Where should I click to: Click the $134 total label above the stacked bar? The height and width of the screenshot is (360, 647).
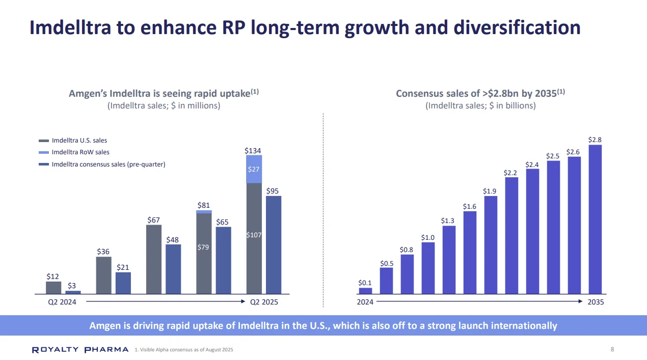point(253,151)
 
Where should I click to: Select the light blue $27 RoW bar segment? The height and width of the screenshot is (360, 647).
point(254,169)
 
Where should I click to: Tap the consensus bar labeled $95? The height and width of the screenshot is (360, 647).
point(274,245)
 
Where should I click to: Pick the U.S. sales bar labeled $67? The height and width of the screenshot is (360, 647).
point(154,259)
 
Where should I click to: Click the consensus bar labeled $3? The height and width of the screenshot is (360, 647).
point(73,292)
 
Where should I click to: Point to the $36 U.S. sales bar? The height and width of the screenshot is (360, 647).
point(103,275)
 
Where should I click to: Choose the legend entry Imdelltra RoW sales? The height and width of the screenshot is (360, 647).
point(80,152)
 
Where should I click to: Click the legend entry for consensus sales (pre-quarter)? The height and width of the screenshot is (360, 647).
point(109,164)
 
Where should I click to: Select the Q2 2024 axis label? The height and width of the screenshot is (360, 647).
point(55,302)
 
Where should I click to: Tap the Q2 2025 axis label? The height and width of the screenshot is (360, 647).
point(263,302)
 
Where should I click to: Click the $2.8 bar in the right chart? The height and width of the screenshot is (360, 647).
point(595,219)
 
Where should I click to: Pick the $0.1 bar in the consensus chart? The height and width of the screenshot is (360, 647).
point(365,291)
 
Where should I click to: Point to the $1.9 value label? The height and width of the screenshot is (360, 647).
point(490,191)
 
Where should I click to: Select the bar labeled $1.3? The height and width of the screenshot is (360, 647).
point(449,260)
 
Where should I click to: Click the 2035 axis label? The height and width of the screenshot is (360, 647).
point(595,302)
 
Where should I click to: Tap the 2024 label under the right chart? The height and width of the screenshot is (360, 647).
point(365,302)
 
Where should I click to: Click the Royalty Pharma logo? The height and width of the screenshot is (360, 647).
point(80,350)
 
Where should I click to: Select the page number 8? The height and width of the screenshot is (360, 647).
point(612,349)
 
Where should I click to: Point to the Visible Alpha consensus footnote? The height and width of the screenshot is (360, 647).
point(184,350)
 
